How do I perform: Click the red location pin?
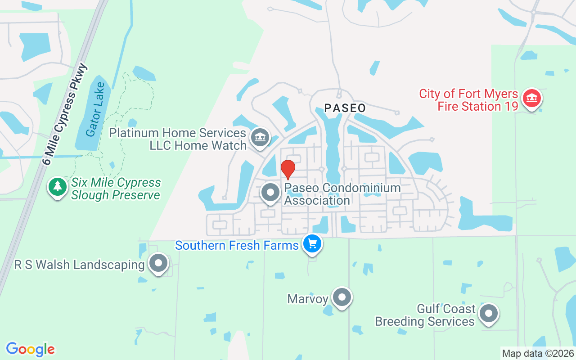(x=288, y=169)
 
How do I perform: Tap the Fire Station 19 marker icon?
(x=531, y=99)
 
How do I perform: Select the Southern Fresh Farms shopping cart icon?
(x=312, y=244)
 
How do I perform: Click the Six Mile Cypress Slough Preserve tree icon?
(x=57, y=187)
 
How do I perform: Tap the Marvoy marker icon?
(x=342, y=297)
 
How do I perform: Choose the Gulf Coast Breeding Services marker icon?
(x=488, y=314)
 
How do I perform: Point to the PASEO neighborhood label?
(x=345, y=108)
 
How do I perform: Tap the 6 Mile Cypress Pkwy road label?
(x=65, y=114)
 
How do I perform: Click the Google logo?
(x=31, y=349)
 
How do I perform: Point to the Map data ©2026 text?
(x=538, y=353)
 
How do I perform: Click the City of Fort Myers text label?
(x=468, y=94)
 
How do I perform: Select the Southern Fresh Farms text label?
(x=237, y=246)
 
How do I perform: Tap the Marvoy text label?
(x=308, y=298)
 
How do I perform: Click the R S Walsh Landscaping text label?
(x=80, y=265)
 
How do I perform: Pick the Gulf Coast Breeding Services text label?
(x=425, y=315)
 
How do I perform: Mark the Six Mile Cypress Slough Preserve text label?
(x=116, y=189)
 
